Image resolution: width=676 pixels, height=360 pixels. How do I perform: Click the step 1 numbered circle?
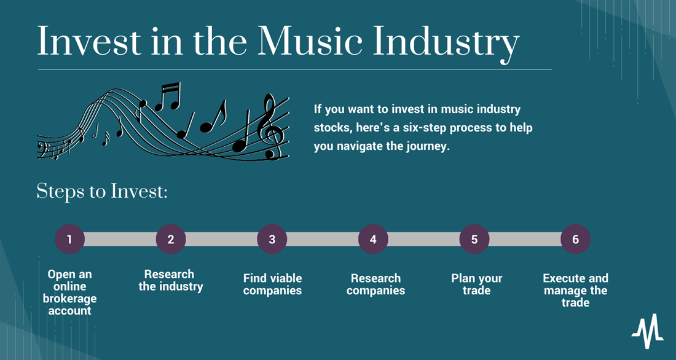(69, 239)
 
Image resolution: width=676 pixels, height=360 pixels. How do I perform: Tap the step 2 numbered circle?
(171, 239)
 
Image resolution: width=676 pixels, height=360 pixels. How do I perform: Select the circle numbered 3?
(272, 239)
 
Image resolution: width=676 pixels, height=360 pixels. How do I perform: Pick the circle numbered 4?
(374, 239)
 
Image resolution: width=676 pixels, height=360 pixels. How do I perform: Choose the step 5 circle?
(474, 239)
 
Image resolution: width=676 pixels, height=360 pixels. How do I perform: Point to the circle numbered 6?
(576, 239)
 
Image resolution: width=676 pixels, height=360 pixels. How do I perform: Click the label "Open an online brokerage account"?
(69, 292)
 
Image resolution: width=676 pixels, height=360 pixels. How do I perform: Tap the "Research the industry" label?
(171, 280)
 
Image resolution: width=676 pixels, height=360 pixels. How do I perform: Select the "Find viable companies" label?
(272, 284)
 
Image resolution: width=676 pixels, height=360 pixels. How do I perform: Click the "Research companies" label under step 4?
(375, 284)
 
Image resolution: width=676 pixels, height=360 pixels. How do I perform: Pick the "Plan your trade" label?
(477, 284)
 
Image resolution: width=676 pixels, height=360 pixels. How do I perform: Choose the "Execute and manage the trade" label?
(576, 290)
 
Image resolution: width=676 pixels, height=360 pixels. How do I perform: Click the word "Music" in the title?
(310, 42)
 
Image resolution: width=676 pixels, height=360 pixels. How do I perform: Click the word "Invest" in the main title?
(89, 42)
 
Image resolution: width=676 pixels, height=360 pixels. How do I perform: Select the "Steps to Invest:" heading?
(102, 191)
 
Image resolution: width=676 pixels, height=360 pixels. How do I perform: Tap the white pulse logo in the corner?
(648, 331)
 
